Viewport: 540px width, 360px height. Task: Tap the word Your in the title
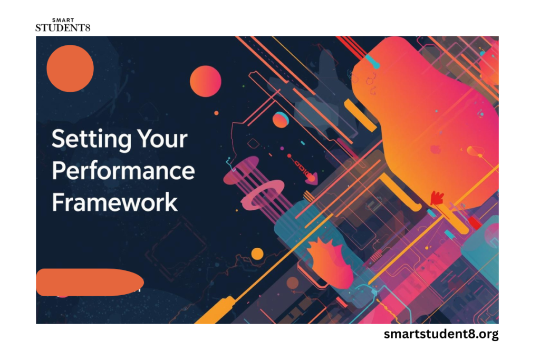[x=162, y=139]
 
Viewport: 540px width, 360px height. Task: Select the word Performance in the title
[x=123, y=171]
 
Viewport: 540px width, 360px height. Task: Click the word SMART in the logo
[x=63, y=21]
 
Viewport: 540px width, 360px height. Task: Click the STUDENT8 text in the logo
[x=63, y=28]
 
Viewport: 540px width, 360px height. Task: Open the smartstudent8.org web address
[x=441, y=334]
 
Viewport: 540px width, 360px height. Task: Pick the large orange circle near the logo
[x=70, y=69]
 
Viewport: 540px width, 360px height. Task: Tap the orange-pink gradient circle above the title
[x=206, y=81]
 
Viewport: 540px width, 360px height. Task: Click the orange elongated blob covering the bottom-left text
[x=90, y=282]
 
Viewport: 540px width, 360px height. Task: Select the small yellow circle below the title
[x=257, y=254]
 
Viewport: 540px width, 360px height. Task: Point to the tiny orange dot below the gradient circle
[x=216, y=113]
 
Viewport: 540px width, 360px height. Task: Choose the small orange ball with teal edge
[x=281, y=120]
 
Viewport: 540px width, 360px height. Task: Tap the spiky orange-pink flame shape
[x=330, y=261]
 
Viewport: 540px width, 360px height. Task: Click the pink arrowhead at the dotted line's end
[x=311, y=178]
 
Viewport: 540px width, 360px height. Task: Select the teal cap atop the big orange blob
[x=372, y=61]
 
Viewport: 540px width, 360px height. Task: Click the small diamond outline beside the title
[x=254, y=143]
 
